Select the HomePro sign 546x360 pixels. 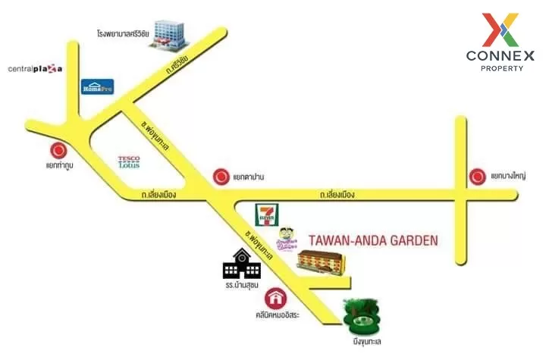[98, 86]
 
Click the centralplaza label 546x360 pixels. [35, 70]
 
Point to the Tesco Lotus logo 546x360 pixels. [129, 161]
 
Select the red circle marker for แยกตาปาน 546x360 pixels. [221, 177]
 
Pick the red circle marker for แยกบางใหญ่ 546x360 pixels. [478, 177]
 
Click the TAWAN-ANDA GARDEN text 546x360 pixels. [373, 241]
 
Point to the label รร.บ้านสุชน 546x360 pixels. [241, 287]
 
